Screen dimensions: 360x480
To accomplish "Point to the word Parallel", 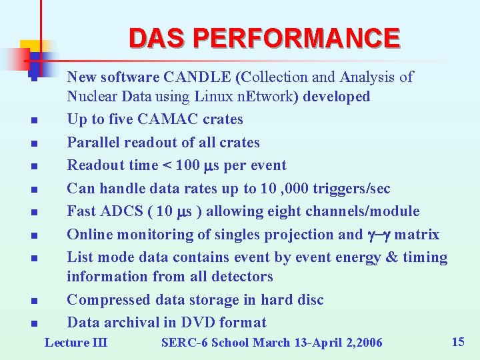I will [x=92, y=143].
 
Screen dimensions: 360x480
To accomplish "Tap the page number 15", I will [x=457, y=342].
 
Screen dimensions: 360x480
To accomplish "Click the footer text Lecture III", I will [x=75, y=343].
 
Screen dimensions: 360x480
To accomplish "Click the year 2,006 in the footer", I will [x=361, y=343].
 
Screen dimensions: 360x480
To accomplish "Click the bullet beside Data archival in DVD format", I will [x=33, y=324].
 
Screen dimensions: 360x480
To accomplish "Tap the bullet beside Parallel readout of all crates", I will [x=33, y=143].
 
